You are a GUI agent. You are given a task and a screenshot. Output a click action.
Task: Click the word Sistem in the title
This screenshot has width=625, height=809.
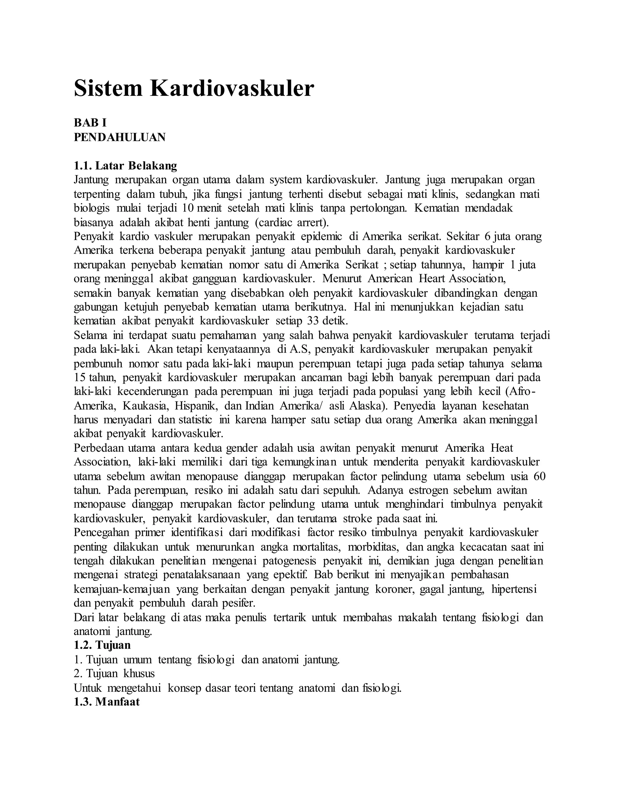coord(108,89)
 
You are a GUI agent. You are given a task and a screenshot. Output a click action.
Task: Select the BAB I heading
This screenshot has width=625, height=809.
coord(90,123)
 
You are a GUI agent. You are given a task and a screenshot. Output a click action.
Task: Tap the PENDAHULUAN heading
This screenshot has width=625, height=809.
coord(120,137)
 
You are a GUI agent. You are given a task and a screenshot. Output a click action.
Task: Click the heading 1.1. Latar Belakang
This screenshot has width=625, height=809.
coord(125,165)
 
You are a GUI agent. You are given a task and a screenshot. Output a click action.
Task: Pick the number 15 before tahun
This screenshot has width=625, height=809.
coord(80,377)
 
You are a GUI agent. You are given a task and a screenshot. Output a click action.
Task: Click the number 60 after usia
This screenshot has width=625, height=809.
coord(540,476)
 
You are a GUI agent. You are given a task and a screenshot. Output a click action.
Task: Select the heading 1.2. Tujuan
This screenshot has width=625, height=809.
coord(102,645)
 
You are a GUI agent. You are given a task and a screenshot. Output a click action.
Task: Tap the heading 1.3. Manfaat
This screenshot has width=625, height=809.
coord(107,702)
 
